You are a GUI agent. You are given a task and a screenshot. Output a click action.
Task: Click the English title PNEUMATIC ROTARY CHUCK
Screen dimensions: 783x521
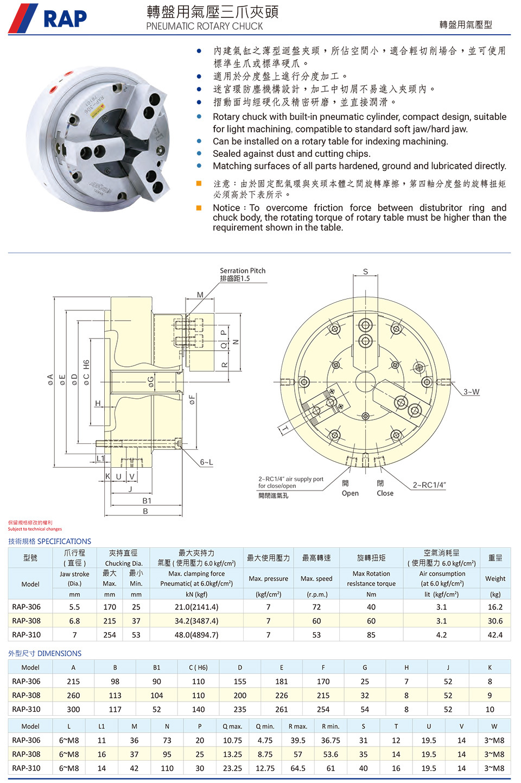click(204, 26)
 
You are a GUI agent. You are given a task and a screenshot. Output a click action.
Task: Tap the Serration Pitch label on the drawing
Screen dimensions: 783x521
click(243, 271)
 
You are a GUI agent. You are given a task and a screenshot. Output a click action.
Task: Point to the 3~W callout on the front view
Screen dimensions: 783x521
click(471, 392)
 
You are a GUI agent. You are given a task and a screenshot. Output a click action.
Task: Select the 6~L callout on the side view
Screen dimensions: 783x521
click(206, 462)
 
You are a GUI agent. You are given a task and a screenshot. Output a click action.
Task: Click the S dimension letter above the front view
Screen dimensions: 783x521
click(365, 272)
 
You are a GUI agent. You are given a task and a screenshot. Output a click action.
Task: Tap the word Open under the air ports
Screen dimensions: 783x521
click(350, 493)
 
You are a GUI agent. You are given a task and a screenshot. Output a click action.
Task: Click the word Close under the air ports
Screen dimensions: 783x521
click(385, 493)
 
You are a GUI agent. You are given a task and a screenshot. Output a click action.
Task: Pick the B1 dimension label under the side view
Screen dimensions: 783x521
click(147, 501)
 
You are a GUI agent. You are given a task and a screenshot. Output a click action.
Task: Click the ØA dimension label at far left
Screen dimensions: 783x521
click(50, 380)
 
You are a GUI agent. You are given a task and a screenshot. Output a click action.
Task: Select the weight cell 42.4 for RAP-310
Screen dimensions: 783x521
click(495, 634)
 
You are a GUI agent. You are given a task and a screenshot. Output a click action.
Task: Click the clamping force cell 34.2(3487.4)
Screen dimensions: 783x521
click(196, 621)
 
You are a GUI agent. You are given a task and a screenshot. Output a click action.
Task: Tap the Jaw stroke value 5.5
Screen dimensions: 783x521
click(74, 607)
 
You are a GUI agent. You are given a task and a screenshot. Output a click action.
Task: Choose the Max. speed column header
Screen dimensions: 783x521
click(316, 578)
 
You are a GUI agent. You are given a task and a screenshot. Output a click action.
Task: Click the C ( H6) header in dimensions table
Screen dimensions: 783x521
click(198, 667)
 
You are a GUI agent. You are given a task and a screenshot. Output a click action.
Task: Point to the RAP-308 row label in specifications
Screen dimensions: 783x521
click(26, 621)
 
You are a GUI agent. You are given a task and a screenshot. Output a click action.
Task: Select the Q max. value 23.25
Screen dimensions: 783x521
click(232, 768)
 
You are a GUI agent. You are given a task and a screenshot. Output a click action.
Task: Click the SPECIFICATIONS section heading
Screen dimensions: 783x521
click(64, 541)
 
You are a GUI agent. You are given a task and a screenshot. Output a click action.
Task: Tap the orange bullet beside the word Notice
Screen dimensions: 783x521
click(199, 208)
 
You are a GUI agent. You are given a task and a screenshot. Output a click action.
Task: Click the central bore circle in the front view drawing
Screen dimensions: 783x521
click(365, 380)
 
